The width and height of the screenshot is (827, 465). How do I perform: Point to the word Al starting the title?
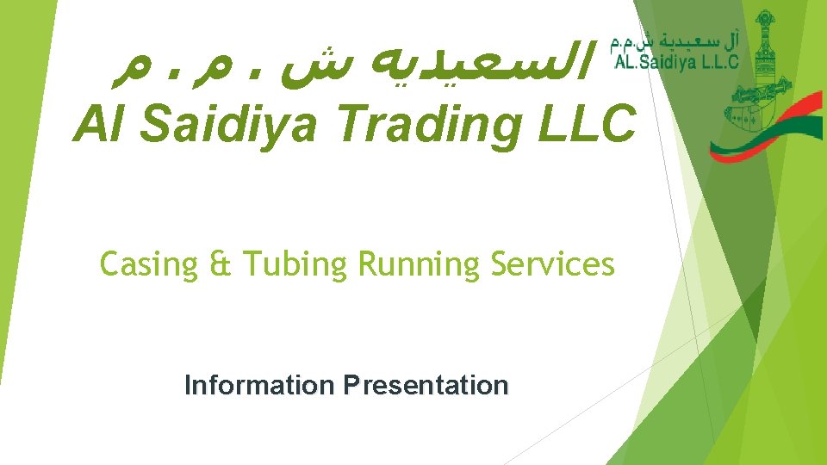(x=100, y=125)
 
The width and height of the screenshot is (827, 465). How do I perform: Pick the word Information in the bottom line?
(x=260, y=385)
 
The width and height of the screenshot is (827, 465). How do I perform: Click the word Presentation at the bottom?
(x=426, y=385)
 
